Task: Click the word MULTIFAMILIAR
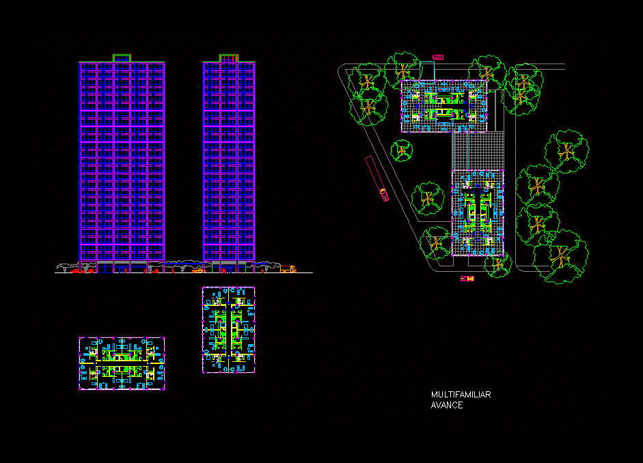pyautogui.click(x=461, y=395)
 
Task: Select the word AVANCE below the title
pyautogui.click(x=447, y=405)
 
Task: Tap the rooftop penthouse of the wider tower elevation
pyautogui.click(x=122, y=58)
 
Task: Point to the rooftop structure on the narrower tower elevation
pyautogui.click(x=229, y=58)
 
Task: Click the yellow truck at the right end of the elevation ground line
pyautogui.click(x=288, y=269)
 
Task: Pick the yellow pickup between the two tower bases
pyautogui.click(x=199, y=270)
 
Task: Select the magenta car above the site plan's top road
pyautogui.click(x=438, y=57)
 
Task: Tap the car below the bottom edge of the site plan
pyautogui.click(x=467, y=279)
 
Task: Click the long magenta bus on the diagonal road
pyautogui.click(x=377, y=178)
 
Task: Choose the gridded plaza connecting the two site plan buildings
pyautogui.click(x=478, y=151)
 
